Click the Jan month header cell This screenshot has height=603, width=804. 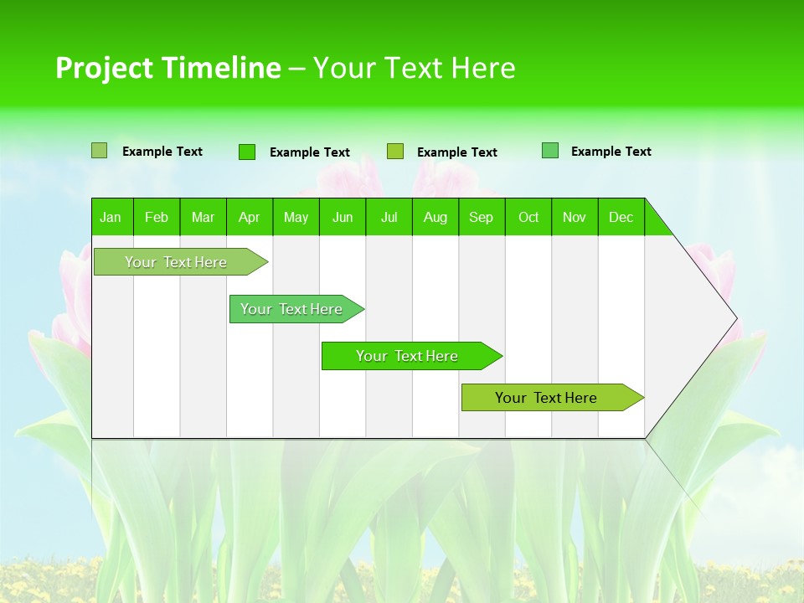[x=111, y=217]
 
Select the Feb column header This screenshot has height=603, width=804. [x=157, y=217]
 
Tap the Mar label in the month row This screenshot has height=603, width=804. [x=203, y=217]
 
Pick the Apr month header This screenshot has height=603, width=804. [x=250, y=217]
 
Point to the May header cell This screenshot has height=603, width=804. [x=296, y=217]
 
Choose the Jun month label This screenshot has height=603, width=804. [x=343, y=217]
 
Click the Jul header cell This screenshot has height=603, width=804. [x=389, y=217]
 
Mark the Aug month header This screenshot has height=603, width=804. [x=435, y=217]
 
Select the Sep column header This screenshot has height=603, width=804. [x=482, y=217]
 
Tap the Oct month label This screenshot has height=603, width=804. [x=528, y=217]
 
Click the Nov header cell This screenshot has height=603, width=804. [x=575, y=217]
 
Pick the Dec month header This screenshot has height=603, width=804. [x=621, y=217]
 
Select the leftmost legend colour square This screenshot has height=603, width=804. [x=100, y=151]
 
